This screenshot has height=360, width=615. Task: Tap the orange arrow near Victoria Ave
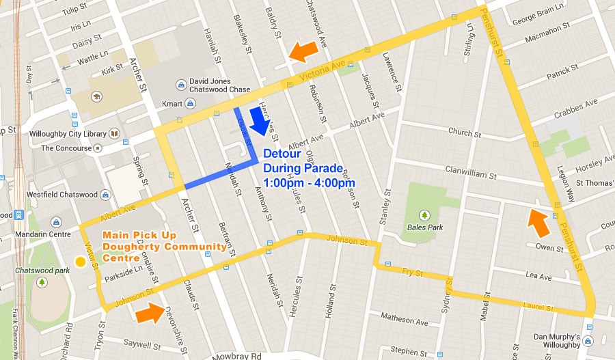tap(303, 50)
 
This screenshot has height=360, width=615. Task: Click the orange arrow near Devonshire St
tap(150, 313)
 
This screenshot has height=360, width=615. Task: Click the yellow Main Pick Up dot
tap(80, 261)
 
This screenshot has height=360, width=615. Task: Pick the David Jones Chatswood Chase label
tap(220, 85)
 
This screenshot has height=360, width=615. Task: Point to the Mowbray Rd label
tap(237, 355)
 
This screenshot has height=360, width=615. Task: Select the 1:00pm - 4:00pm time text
tap(309, 182)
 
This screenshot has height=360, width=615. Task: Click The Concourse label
tap(66, 148)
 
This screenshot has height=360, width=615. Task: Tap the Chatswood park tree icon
tap(42, 282)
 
